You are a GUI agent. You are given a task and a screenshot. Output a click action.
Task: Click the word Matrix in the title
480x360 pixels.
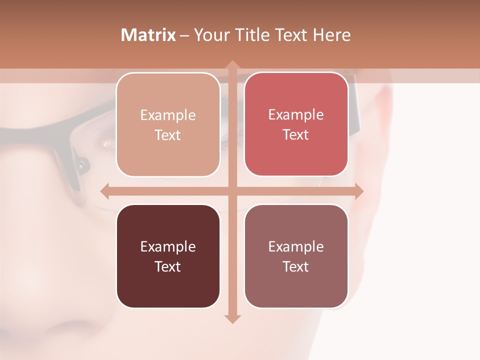coord(148,35)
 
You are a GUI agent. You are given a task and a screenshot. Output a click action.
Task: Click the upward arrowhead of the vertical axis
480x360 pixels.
coord(232,64)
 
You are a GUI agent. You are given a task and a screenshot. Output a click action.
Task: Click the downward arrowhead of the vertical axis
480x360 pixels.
coord(232,319)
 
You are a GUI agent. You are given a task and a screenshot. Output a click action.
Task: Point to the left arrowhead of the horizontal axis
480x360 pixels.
coord(105,190)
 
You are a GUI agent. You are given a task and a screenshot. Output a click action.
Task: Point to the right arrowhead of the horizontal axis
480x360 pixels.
coord(358,190)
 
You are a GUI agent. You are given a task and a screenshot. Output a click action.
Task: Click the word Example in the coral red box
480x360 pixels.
coord(296,115)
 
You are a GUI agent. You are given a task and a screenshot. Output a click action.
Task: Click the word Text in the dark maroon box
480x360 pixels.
coord(168,266)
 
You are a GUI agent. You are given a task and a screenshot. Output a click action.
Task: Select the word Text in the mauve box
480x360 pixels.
coord(296,266)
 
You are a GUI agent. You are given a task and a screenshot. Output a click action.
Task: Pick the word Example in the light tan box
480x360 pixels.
coord(168,115)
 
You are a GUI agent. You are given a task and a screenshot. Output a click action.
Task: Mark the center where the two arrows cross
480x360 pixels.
coord(232,190)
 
